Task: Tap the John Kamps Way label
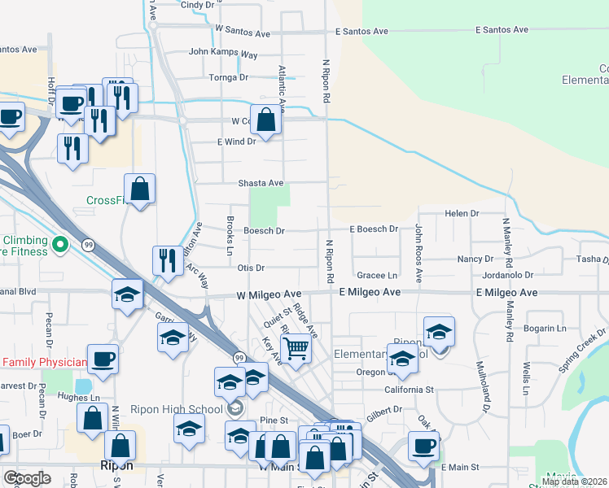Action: coord(223,53)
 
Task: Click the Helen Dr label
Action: coord(462,213)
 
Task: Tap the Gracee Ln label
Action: coord(376,276)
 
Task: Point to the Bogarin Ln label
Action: coord(546,329)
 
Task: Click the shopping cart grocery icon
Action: coord(296,347)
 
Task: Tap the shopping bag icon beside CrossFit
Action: coord(140,189)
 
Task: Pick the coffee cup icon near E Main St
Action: coord(423,447)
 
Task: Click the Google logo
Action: coord(27,478)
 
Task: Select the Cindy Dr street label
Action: coord(197,5)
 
